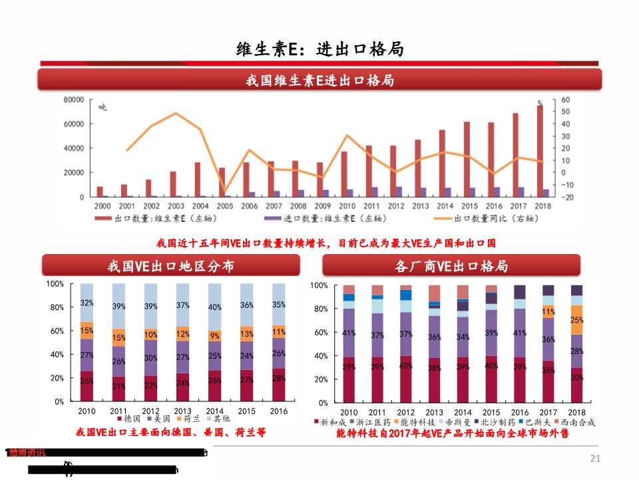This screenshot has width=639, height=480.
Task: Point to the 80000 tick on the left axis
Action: (73, 99)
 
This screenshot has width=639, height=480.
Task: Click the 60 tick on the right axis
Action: (566, 99)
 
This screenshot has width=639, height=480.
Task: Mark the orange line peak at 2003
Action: (176, 113)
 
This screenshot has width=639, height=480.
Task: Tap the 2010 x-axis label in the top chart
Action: (347, 206)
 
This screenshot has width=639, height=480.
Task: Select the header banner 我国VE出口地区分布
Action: (171, 266)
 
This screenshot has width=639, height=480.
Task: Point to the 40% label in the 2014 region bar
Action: (214, 307)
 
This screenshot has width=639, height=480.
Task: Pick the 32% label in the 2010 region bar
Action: (87, 303)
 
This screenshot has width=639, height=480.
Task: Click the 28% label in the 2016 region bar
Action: (278, 379)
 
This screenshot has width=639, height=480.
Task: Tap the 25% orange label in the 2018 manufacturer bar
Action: (576, 320)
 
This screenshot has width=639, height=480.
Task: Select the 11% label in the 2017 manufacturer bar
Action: (548, 311)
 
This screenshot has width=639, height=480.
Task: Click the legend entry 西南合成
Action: (576, 422)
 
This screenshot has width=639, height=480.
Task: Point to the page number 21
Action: (595, 458)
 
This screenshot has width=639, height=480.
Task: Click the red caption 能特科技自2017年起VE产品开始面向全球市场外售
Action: (453, 433)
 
